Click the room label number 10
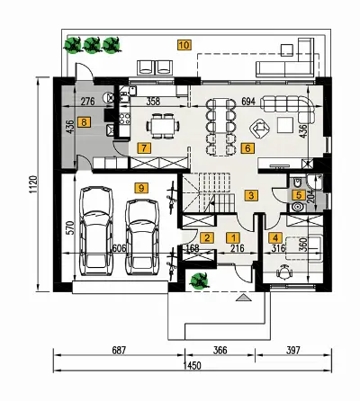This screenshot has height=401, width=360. point(184,45)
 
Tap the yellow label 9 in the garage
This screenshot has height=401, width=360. point(141,188)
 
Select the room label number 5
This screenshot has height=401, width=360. point(299,195)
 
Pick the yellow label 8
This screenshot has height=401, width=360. point(84,122)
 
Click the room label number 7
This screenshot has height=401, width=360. point(144,147)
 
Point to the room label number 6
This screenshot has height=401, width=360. point(247,147)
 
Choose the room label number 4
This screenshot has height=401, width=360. point(275,238)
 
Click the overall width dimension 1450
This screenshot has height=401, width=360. point(193,366)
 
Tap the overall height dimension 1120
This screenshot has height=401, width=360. point(33,184)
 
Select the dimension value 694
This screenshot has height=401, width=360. point(248,102)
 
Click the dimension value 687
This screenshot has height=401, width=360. point(119,350)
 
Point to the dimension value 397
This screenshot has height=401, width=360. point(293,350)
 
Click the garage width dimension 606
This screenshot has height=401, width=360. point(119,248)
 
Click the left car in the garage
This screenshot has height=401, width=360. point(96,231)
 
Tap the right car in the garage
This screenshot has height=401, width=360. point(142,236)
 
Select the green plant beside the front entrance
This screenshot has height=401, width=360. point(199,281)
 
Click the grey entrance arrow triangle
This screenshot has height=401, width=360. point(245,298)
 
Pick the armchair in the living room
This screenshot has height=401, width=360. point(260,128)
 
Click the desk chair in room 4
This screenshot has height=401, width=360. point(284,272)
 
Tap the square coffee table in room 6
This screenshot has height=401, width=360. point(285,125)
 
